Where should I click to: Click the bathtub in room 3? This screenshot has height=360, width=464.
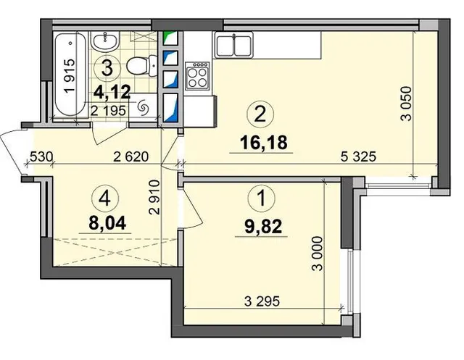click(70, 75)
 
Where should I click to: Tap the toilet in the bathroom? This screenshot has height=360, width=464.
click(142, 65)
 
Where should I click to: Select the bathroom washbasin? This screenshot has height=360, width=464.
click(104, 42)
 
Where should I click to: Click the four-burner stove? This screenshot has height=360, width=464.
click(197, 76)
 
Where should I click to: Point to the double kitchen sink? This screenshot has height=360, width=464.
click(234, 45)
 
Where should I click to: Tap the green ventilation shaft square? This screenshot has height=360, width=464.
click(171, 38)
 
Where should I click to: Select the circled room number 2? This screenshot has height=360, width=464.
click(260, 114)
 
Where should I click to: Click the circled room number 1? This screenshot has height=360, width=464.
click(262, 198)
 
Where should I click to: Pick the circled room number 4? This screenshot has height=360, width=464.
click(105, 199)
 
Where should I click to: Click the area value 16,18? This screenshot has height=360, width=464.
click(263, 143)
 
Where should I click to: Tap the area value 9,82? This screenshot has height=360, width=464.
click(263, 227)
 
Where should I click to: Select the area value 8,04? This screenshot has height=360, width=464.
click(107, 222)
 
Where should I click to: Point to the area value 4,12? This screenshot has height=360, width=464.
click(112, 93)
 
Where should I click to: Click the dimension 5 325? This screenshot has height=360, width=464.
click(358, 156)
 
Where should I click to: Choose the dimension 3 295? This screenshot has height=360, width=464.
click(262, 301)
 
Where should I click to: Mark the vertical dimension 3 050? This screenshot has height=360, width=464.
click(406, 104)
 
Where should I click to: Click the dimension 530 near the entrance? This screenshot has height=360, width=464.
click(41, 156)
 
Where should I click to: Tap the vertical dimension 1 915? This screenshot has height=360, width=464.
click(70, 76)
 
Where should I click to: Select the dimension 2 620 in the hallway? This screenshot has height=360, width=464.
click(130, 156)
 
